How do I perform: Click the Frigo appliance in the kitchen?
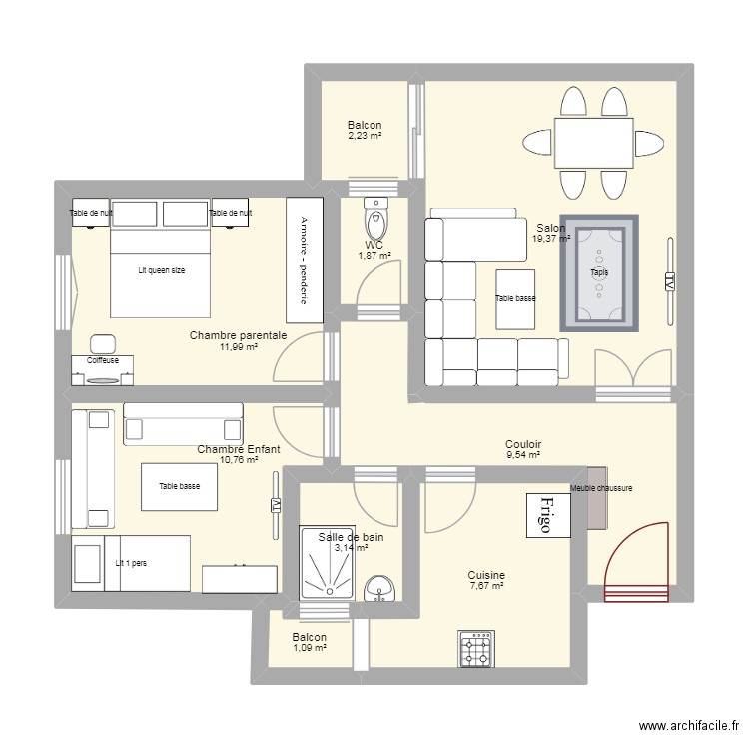pos(546,515)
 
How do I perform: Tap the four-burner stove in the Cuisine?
pos(476,649)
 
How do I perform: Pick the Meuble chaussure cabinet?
pos(596,498)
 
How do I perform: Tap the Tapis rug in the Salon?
pos(599,272)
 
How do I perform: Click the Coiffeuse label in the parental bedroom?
pos(102,360)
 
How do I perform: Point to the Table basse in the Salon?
pos(516,298)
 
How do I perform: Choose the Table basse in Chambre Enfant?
pos(179,486)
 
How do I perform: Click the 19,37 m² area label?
pos(550,239)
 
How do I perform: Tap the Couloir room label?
pos(522,444)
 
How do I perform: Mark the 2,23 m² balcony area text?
pos(364,136)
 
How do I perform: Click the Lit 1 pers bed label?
pos(131,563)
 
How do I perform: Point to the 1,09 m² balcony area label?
pos(309,648)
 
